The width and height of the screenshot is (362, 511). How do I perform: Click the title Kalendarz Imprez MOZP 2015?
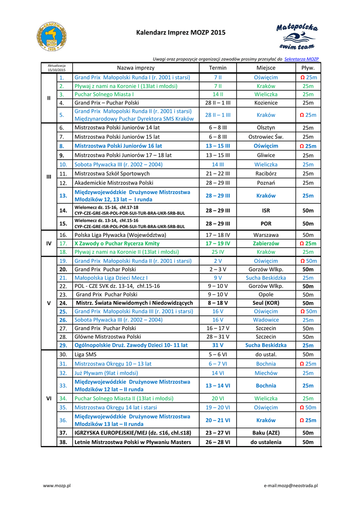[181, 33]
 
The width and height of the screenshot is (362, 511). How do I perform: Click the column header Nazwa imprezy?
[135, 68]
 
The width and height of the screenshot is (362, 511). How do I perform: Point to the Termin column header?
[218, 68]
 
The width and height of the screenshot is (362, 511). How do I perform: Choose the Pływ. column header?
[308, 68]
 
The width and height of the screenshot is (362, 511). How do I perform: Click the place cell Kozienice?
[266, 103]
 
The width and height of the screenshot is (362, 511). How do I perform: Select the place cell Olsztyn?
[266, 128]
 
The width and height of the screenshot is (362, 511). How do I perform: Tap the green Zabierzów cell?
[266, 244]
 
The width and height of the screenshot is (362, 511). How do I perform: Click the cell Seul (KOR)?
[266, 303]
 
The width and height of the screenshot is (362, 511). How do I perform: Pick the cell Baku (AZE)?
[266, 433]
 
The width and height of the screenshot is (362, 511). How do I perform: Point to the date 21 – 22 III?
[218, 174]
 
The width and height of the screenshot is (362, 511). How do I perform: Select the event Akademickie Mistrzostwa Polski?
[114, 183]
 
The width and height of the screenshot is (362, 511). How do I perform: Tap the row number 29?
[63, 345]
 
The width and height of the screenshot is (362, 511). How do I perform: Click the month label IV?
[49, 244]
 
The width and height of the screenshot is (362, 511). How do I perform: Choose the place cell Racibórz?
[266, 174]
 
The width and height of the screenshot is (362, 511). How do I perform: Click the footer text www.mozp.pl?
[56, 485]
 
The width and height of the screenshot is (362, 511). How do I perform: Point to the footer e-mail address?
[291, 485]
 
